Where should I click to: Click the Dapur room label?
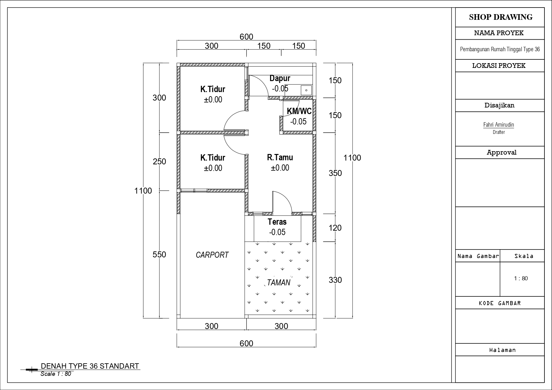click(x=280, y=78)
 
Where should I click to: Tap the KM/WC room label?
click(x=299, y=111)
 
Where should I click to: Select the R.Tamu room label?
click(x=280, y=157)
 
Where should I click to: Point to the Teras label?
click(x=277, y=222)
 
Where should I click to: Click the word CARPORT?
click(x=212, y=255)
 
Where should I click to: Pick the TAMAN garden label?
click(x=279, y=283)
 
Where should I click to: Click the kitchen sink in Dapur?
click(x=306, y=90)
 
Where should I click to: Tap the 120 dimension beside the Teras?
click(x=335, y=228)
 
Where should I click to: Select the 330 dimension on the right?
click(x=335, y=280)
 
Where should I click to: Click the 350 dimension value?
click(x=335, y=173)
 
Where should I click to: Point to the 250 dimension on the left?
click(x=159, y=162)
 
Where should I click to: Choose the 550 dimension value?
click(x=159, y=254)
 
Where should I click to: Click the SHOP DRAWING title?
click(x=501, y=17)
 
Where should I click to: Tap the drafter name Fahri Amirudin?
click(x=499, y=125)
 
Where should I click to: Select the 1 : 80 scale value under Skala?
click(x=521, y=278)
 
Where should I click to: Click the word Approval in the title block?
click(x=502, y=153)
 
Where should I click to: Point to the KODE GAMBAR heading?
click(x=500, y=303)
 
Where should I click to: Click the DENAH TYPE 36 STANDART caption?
click(x=90, y=366)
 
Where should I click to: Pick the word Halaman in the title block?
click(x=503, y=350)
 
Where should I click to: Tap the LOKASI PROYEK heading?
click(x=499, y=66)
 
